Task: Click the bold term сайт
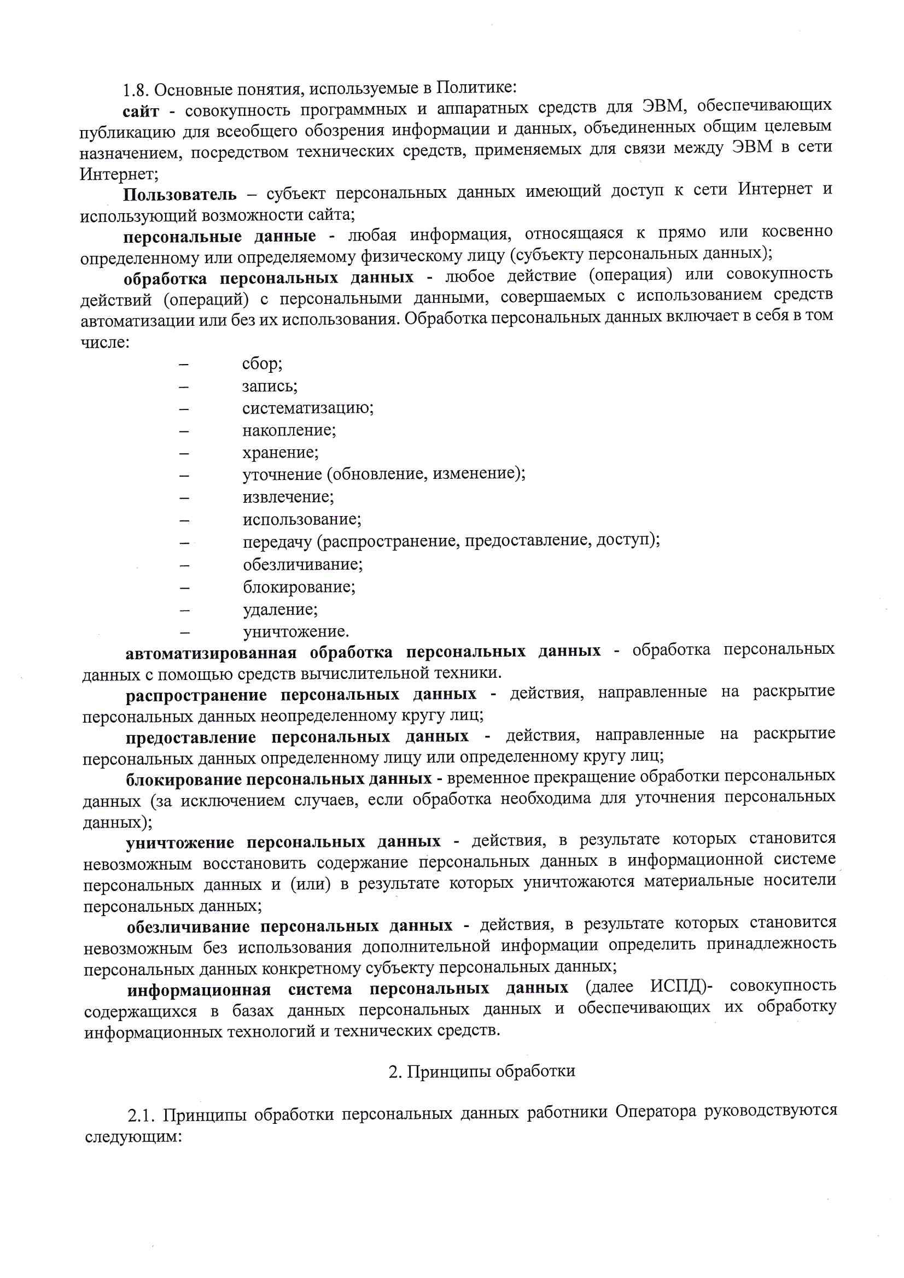click(x=141, y=112)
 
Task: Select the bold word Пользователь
click(x=180, y=195)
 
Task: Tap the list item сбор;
click(x=263, y=364)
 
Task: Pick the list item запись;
click(x=270, y=386)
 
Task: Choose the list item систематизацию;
click(x=308, y=408)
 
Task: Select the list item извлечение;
click(x=288, y=497)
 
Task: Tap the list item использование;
click(x=302, y=520)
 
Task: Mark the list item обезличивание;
click(x=302, y=565)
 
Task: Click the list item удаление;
click(x=280, y=609)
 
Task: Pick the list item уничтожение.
click(x=296, y=632)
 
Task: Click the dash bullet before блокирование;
click(x=184, y=588)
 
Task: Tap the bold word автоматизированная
click(x=211, y=653)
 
